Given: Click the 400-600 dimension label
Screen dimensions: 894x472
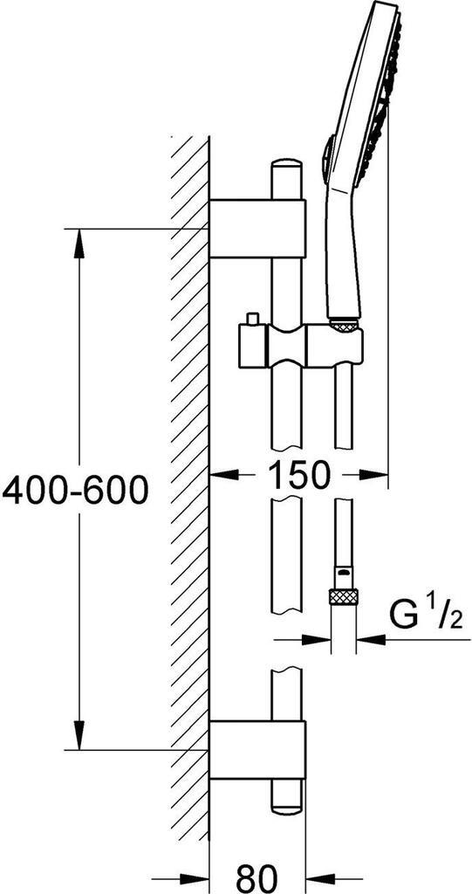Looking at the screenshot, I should tap(75, 492).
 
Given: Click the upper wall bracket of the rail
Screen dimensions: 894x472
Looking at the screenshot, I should tap(258, 229).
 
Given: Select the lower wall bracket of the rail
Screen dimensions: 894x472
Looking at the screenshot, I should tap(258, 750).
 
